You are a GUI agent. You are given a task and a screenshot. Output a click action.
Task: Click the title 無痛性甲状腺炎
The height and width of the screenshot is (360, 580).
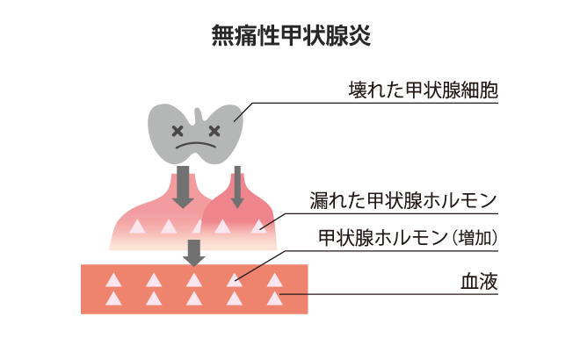coord(291,35)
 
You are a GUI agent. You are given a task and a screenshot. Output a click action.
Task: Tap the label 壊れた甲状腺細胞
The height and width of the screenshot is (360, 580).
coord(424,90)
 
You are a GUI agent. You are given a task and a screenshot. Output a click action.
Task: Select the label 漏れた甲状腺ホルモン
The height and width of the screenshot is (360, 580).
coord(403,201)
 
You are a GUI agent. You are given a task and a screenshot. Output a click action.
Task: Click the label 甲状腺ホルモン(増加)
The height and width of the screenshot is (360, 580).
coord(408,238)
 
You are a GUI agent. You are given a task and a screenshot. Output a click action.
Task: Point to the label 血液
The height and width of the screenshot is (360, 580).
coord(480,282)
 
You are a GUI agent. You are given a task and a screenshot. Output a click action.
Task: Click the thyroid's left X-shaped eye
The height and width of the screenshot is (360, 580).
coord(178,131)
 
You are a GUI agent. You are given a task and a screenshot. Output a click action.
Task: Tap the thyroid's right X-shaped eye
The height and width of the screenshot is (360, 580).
coord(214,131)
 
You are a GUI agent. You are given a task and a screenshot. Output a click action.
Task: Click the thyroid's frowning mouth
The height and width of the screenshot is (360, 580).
coord(196,145)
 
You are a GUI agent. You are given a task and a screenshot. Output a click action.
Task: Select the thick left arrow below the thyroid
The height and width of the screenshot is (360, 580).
coord(183,187)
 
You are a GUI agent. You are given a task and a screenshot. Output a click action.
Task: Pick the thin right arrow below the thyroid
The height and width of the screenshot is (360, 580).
coord(237,187)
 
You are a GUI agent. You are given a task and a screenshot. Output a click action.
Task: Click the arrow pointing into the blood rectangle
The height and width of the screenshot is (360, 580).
coord(194,253)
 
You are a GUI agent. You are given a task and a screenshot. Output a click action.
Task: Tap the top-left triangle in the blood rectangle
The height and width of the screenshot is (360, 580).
coord(113,280)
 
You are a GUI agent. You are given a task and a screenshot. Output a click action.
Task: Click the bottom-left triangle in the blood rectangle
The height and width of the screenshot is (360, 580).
coord(113,299)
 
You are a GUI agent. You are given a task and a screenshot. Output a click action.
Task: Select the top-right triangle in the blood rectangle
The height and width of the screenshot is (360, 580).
coord(275,280)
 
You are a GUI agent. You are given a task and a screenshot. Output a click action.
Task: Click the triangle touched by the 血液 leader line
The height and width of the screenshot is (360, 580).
coord(275,299)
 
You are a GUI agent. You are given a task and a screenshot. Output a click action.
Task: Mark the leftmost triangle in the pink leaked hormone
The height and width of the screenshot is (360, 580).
coord(137,227)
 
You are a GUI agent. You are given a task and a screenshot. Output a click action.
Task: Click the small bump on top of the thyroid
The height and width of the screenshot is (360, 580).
coord(199,114)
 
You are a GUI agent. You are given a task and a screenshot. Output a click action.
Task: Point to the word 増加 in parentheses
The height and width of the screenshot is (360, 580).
coord(475,238)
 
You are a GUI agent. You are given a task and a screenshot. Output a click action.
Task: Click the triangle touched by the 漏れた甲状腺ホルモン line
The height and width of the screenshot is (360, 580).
coord(259,227)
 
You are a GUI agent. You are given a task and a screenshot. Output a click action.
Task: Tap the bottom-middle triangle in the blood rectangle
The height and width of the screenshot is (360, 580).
coord(194,299)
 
